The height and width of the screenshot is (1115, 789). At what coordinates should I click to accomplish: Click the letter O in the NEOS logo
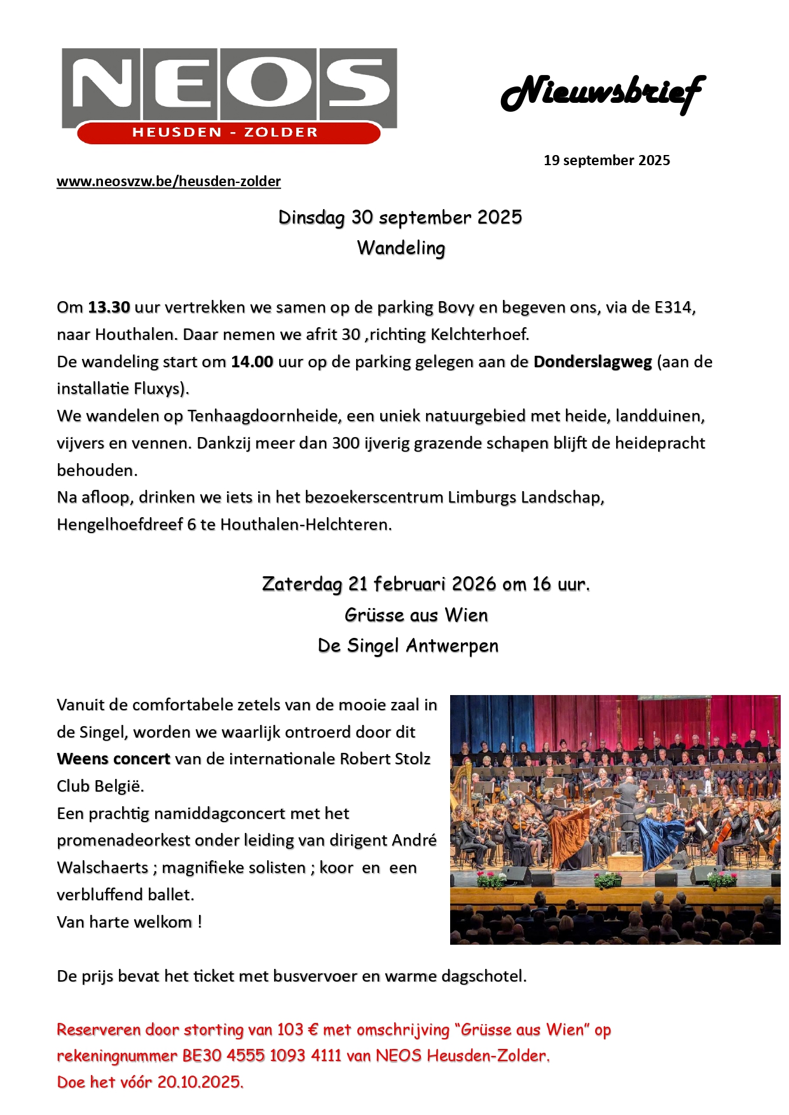(x=270, y=83)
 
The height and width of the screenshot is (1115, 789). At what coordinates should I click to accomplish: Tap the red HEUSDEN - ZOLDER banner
(x=225, y=133)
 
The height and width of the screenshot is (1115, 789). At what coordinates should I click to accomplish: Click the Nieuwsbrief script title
(x=603, y=93)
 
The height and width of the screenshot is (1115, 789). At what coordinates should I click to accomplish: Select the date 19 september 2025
(x=607, y=160)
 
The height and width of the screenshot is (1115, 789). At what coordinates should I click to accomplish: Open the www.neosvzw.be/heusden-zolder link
(x=168, y=182)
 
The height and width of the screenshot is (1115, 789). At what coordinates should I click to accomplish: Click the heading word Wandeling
(x=401, y=248)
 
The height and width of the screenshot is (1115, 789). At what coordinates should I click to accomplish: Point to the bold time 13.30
(x=109, y=307)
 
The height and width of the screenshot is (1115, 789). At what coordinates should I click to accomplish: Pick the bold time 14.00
(x=252, y=362)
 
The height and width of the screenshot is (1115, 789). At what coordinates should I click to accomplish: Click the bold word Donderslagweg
(x=593, y=362)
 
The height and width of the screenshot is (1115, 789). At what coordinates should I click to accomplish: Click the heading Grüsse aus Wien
(x=416, y=615)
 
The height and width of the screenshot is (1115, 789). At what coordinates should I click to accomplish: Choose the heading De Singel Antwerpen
(x=408, y=645)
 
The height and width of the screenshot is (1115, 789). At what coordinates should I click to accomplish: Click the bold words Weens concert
(x=113, y=759)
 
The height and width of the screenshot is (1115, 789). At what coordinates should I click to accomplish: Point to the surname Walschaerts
(x=102, y=868)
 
